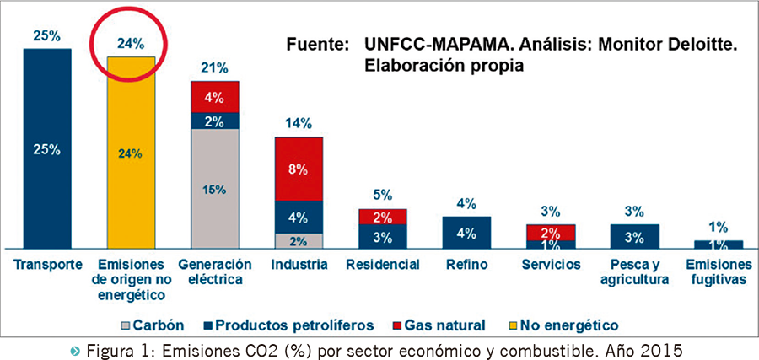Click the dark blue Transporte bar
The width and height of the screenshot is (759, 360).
47,148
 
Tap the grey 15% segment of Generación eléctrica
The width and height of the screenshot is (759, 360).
214,189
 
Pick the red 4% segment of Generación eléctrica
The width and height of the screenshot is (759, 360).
214,96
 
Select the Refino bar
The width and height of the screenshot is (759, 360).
466,232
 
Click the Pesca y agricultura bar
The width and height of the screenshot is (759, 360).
634,236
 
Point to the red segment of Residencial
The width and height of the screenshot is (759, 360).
383,217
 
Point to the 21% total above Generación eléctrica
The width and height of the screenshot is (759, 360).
214,67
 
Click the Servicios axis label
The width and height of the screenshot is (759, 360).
551,265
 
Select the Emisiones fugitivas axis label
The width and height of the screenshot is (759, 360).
718,272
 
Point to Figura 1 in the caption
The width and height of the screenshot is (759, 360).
150,347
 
